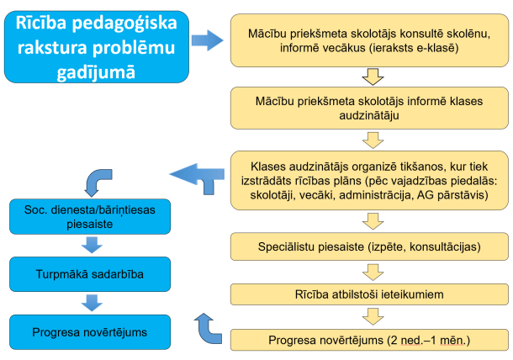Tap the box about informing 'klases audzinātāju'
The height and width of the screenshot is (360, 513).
pos(371,107)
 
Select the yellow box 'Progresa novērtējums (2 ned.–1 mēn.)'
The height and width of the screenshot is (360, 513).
pos(371,339)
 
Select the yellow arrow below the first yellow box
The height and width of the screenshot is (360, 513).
pos(371,78)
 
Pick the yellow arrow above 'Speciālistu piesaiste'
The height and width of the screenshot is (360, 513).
pos(371,222)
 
